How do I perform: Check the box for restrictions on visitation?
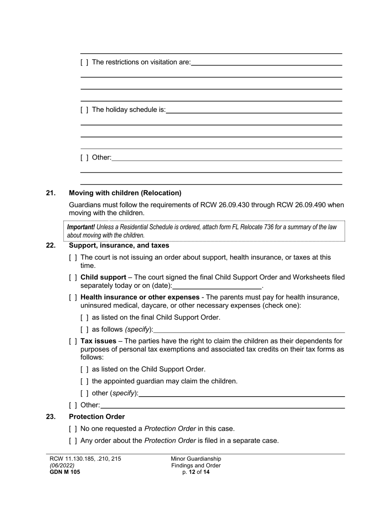coord(84,63)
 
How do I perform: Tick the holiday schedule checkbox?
coord(84,110)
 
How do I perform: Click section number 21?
coord(51,193)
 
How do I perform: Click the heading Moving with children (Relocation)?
coord(125,193)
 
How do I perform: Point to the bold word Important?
coord(81,227)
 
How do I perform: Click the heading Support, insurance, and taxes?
coord(119,246)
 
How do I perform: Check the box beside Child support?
coord(73,278)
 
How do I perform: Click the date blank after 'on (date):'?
coord(217,285)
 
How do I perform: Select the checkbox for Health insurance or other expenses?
coord(73,297)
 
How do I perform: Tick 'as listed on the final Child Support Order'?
coord(84,318)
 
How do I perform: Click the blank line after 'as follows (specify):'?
coord(249,330)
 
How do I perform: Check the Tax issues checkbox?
coord(73,341)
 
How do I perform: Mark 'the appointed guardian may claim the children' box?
coord(84,381)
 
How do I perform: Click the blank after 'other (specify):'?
coord(242,393)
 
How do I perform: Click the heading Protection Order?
coord(97,417)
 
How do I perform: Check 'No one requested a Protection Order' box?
coord(73,429)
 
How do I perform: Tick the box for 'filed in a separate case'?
coord(73,441)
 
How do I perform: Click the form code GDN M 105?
coord(65,472)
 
